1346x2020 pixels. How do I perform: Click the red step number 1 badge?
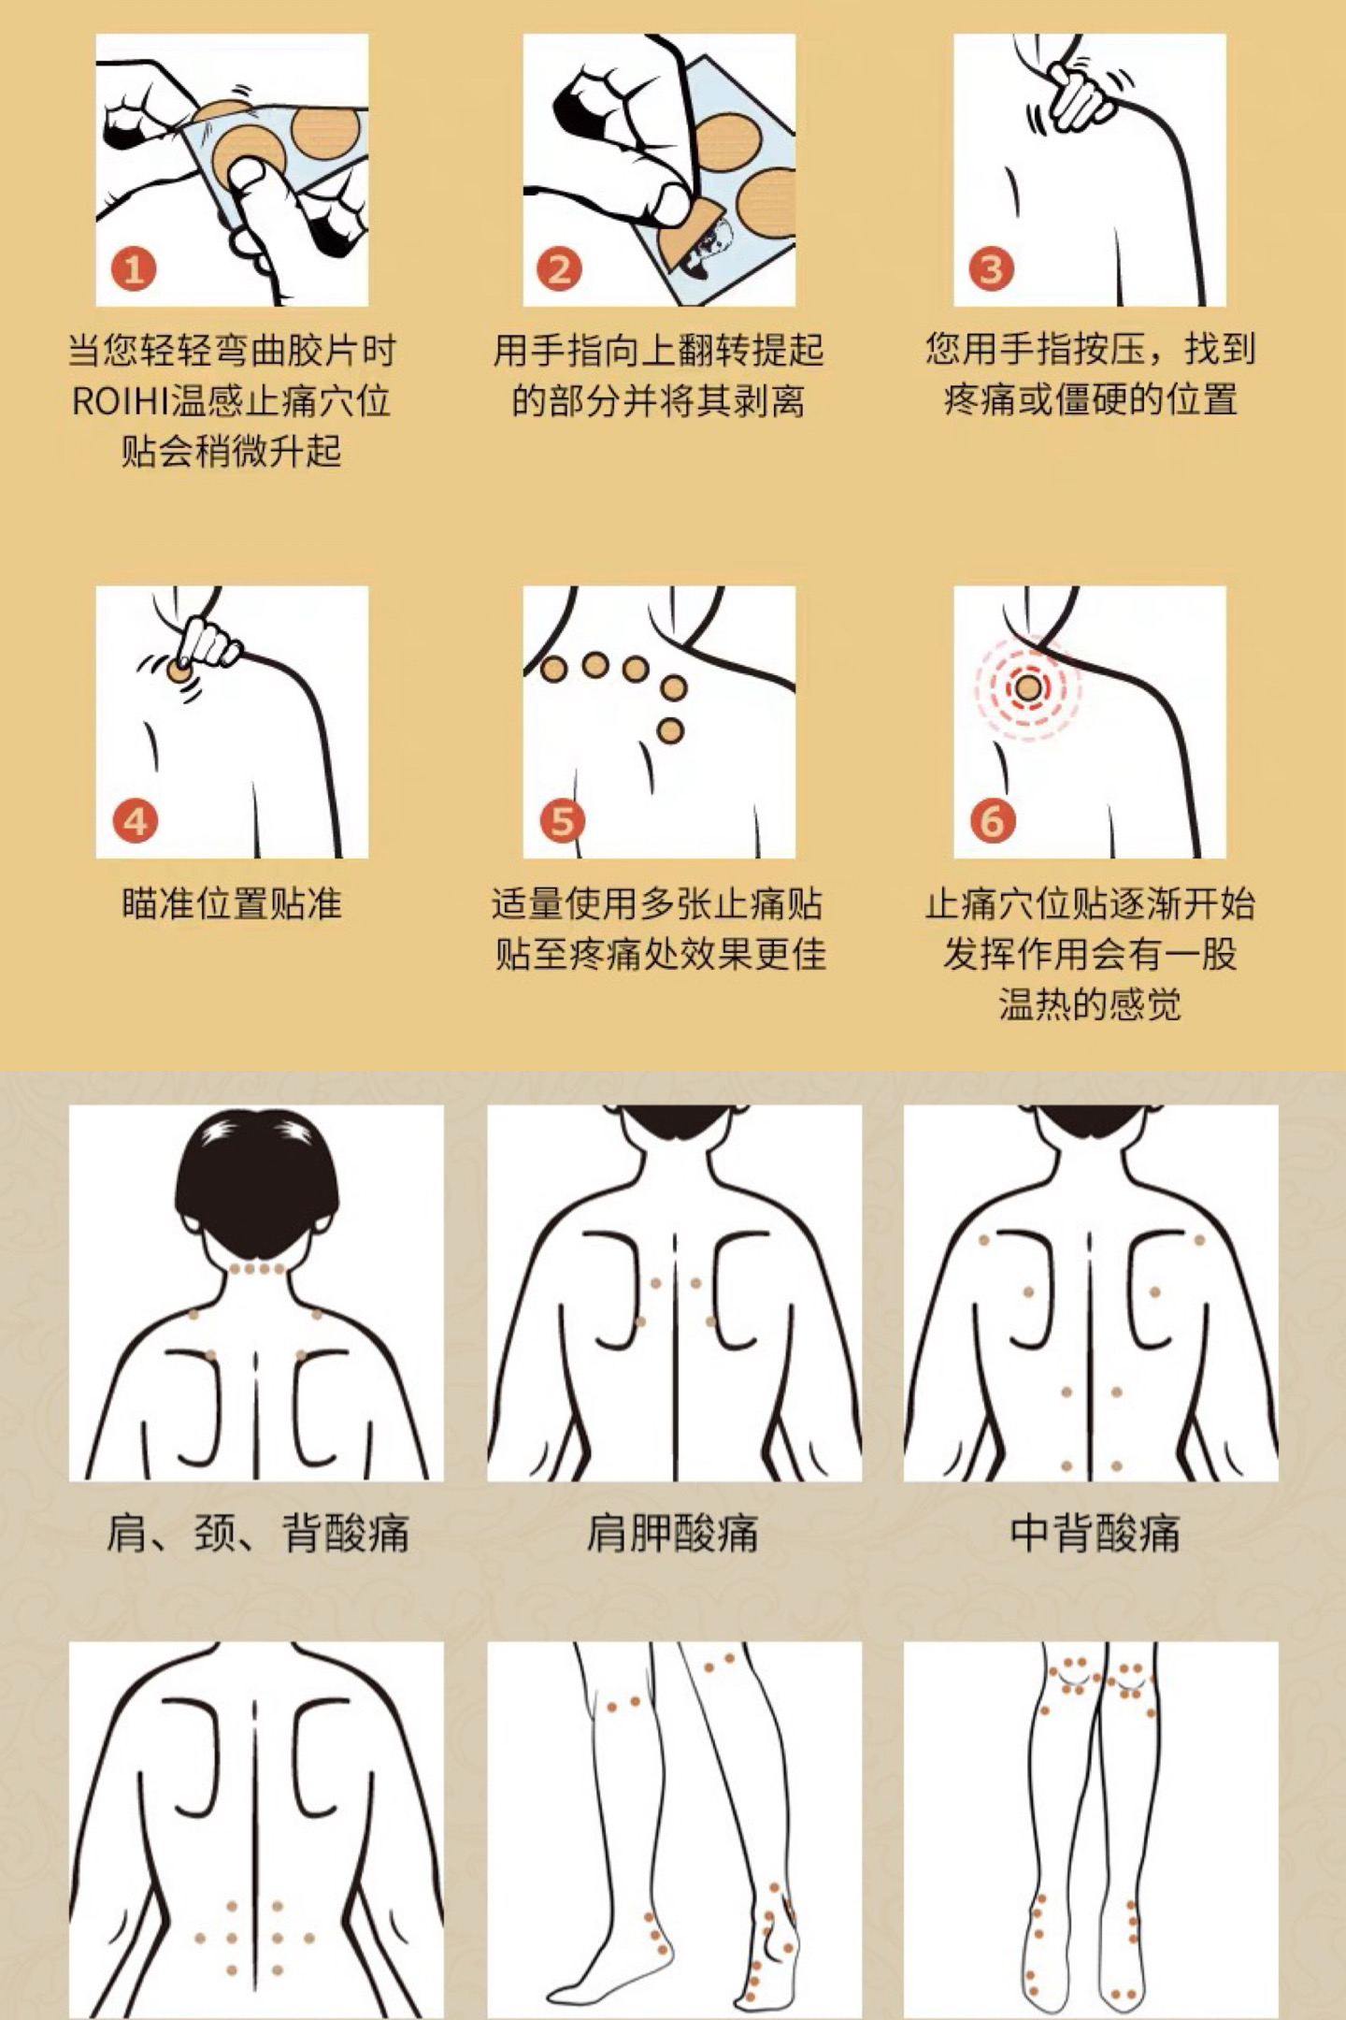click(134, 269)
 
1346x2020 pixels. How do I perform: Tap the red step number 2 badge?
click(559, 269)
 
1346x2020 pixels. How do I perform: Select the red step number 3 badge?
click(991, 269)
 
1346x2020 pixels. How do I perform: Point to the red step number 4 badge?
click(135, 821)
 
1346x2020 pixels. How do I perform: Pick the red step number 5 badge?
click(561, 821)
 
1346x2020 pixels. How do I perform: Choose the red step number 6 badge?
click(992, 821)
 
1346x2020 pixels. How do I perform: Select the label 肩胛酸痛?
click(673, 1535)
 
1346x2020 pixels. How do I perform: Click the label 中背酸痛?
click(1095, 1535)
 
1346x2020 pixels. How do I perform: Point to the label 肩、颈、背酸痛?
click(257, 1535)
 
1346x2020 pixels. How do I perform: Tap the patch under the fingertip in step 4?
click(179, 671)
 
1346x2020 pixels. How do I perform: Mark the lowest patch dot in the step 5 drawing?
click(670, 730)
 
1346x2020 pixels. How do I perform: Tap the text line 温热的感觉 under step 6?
click(1090, 1004)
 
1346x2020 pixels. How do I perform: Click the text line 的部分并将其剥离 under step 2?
click(658, 402)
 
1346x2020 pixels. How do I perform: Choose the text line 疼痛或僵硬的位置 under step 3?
click(1090, 400)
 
